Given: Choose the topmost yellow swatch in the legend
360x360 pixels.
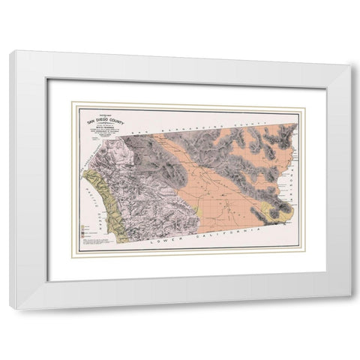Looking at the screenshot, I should coord(79,224).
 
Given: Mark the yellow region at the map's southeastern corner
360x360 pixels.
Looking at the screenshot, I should coord(280,213).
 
